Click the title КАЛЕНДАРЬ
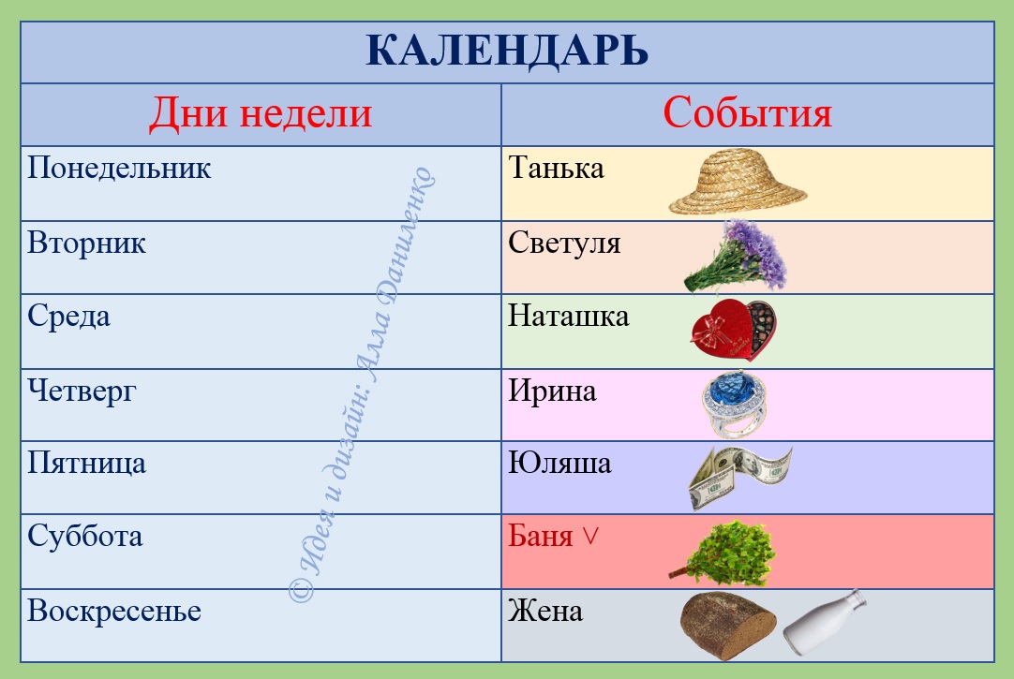(x=507, y=51)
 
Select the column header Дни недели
(x=261, y=113)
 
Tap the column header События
(x=747, y=112)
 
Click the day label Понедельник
(x=119, y=168)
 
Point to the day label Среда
(x=68, y=317)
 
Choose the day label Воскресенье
(x=114, y=612)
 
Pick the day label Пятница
(x=86, y=464)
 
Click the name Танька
(x=556, y=168)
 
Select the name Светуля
(x=564, y=243)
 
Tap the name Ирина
(x=552, y=391)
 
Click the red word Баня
(x=541, y=537)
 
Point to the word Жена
(x=545, y=612)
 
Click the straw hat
(x=738, y=182)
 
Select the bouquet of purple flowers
(x=736, y=257)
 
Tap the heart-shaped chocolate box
(x=734, y=330)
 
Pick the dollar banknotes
(x=739, y=477)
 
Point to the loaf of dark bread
(x=728, y=626)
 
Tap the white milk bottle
(x=825, y=622)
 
